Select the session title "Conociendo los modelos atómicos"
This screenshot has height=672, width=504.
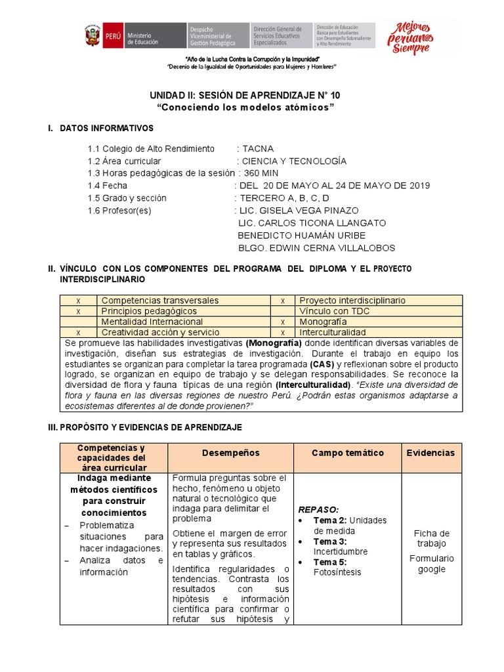[245, 108]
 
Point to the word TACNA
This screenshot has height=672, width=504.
[258, 148]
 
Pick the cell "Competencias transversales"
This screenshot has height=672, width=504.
[159, 300]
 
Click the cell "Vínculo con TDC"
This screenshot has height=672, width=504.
[333, 311]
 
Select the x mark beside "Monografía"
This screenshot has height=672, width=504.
[282, 322]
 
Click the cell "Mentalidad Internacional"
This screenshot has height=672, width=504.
[152, 322]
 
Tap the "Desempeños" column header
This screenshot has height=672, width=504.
[230, 453]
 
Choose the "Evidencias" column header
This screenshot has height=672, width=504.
[430, 453]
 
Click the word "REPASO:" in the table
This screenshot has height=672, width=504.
[319, 509]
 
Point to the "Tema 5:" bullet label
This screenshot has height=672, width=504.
[329, 562]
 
